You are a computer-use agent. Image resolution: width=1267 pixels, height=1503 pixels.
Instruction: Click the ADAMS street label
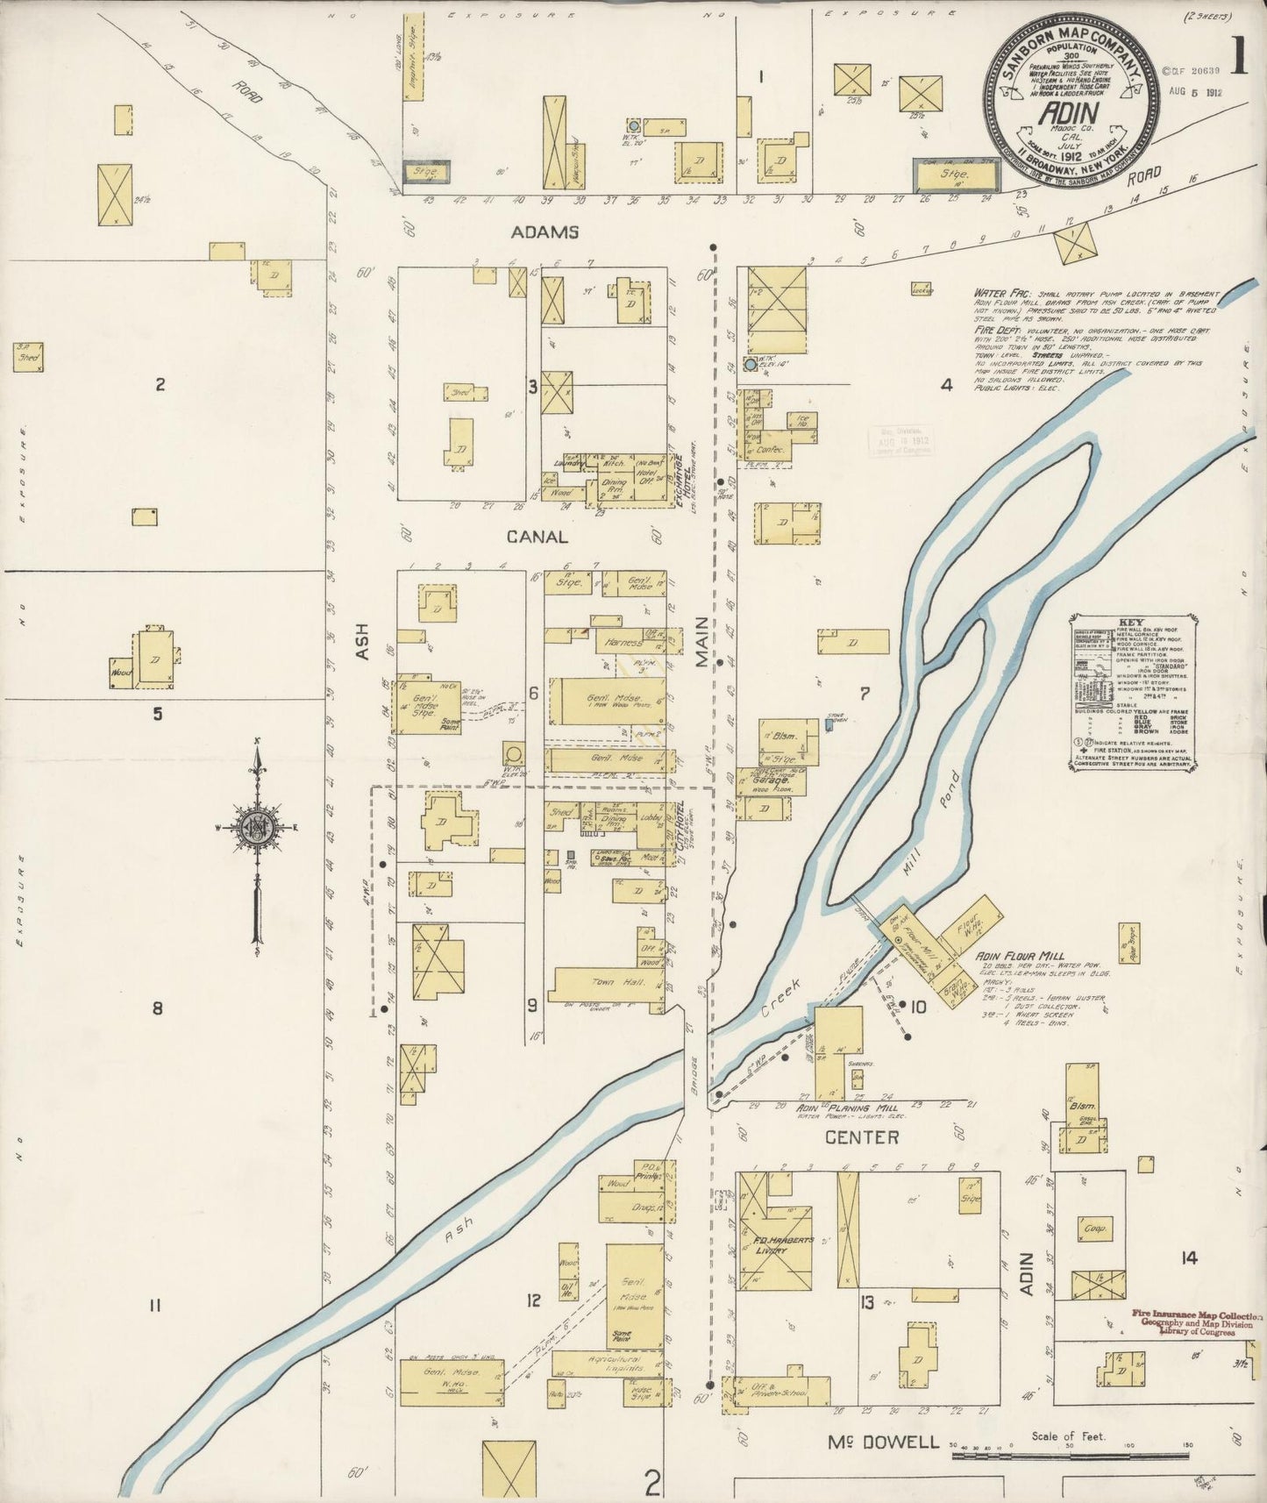545,232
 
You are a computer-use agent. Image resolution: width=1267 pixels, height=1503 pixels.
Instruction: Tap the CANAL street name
536,536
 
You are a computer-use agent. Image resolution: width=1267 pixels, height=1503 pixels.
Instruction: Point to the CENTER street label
862,1137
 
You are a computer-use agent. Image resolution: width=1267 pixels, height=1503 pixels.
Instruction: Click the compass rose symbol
258,827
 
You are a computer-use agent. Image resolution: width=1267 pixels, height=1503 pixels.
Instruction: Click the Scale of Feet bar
1069,1456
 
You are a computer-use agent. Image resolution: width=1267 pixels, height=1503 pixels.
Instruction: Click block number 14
1187,1258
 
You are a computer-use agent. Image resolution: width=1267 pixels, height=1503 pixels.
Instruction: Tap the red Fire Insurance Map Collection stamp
1194,1322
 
